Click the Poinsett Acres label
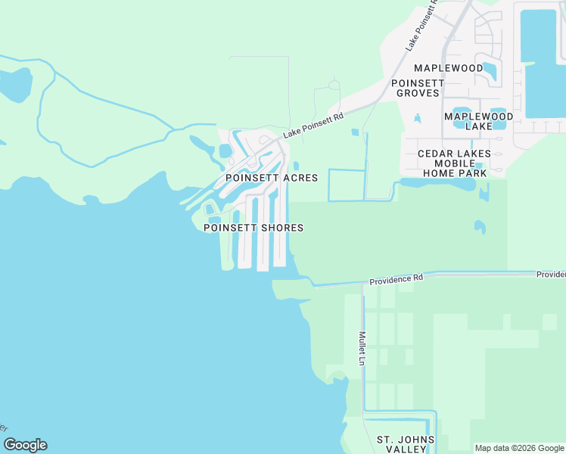(271, 177)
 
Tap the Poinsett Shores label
(253, 228)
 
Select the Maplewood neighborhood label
(449, 68)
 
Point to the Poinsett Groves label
(415, 87)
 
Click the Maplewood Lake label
(478, 122)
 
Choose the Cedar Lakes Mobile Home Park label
(454, 163)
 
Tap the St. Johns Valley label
(406, 445)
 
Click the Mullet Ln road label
(362, 349)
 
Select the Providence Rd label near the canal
(397, 279)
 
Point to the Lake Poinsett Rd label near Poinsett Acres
(313, 126)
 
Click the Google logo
(25, 445)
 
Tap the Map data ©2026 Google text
(520, 448)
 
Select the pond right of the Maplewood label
(490, 72)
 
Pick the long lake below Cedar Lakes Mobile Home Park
(435, 183)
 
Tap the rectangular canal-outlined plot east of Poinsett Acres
(347, 185)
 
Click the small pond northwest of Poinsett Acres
(225, 151)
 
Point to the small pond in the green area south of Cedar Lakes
(479, 226)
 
